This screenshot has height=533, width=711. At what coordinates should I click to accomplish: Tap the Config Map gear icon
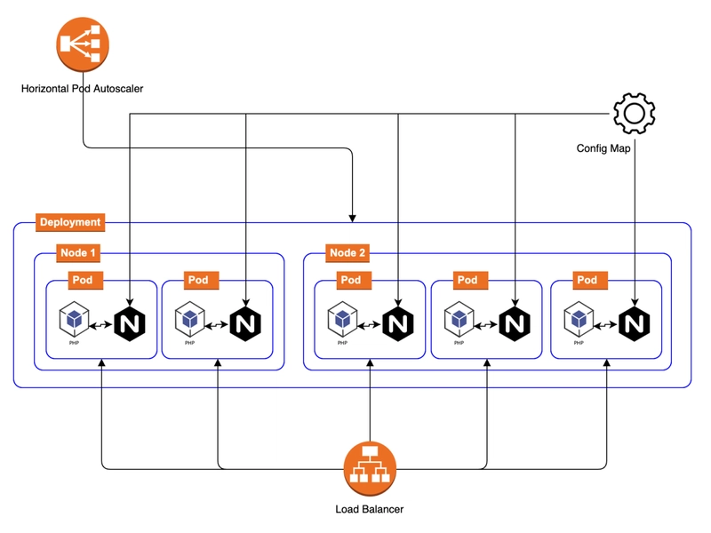point(635,114)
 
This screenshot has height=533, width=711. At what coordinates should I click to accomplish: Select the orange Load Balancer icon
point(370,468)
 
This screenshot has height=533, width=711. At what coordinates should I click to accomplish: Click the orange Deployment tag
point(70,222)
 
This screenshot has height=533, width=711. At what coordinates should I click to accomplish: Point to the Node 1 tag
point(79,253)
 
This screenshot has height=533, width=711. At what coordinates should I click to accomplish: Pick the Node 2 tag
point(348,253)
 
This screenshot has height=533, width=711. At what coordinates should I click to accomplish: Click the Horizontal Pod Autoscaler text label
point(83,89)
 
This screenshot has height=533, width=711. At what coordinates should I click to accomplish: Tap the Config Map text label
point(603,148)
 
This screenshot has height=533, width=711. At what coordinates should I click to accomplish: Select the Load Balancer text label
point(370,509)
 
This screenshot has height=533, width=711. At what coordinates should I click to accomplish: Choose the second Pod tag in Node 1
point(197,280)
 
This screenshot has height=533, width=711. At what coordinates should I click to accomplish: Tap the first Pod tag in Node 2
point(350,280)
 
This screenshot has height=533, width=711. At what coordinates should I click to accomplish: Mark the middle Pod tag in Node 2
point(467,280)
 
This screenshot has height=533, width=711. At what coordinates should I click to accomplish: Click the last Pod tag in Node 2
point(587,280)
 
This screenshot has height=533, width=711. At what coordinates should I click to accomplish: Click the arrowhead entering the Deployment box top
point(353,217)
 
